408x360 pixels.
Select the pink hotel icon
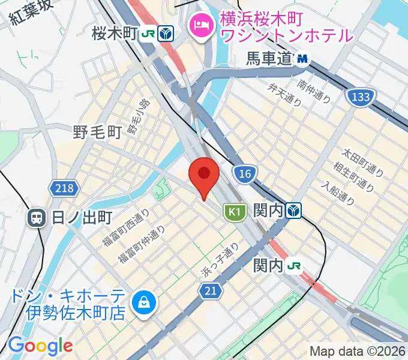point(199,25)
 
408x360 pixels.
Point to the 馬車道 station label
point(268,59)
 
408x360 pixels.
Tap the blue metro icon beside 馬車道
point(302,59)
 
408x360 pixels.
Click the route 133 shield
point(360,96)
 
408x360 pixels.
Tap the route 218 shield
point(64,189)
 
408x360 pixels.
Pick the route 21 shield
point(210,291)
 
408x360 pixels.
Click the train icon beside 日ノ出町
point(37,217)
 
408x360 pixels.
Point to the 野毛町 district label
point(97,132)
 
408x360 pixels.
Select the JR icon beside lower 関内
point(294,265)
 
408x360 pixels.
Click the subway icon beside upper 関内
point(294,211)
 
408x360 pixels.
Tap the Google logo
point(40,346)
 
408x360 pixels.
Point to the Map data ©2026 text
point(356,352)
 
